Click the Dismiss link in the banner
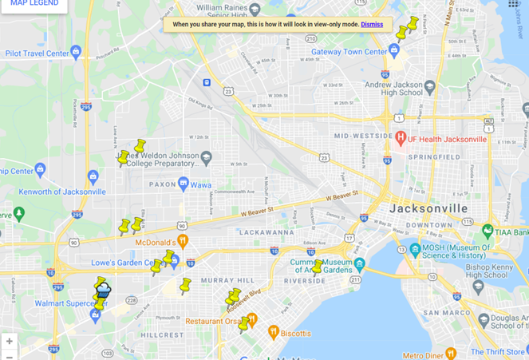click(372, 25)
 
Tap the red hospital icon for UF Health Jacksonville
click(401, 139)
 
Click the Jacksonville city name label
click(428, 208)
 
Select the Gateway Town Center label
click(349, 52)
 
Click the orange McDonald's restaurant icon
click(183, 241)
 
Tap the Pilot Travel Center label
click(38, 53)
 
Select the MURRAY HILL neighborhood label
click(227, 281)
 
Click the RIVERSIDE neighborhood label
click(305, 281)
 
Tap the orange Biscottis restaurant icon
click(273, 332)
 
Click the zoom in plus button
click(10, 342)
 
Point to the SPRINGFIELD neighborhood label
click(434, 157)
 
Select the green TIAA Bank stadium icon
click(488, 231)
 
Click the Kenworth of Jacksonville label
click(62, 192)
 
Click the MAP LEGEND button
click(34, 4)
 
